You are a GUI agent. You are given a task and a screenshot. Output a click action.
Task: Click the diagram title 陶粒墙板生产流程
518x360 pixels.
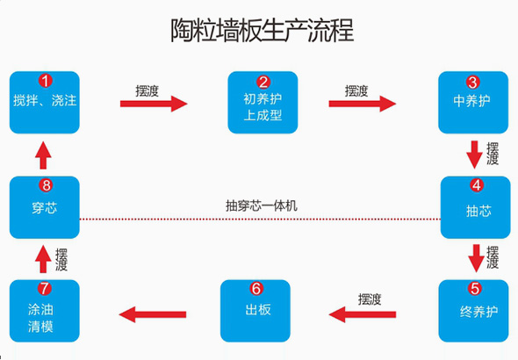click(262, 31)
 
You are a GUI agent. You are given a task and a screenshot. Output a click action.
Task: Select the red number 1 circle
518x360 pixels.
click(46, 81)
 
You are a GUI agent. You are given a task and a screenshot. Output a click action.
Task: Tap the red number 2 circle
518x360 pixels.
click(263, 83)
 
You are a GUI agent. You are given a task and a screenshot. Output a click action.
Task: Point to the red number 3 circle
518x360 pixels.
click(472, 83)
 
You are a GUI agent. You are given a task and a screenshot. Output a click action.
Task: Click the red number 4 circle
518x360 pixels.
click(477, 185)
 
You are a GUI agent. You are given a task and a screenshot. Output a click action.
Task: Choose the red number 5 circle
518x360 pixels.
click(475, 288)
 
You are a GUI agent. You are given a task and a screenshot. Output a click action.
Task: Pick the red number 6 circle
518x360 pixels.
click(256, 288)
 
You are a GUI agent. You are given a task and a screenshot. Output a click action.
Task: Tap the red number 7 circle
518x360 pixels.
click(45, 288)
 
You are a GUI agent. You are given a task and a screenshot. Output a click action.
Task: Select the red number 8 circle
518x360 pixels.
click(46, 185)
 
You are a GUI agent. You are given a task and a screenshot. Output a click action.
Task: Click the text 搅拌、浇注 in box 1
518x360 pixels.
click(45, 100)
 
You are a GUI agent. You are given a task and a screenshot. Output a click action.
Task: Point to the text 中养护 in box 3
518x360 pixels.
click(471, 101)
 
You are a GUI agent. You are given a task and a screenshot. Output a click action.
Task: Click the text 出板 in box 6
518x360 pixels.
click(258, 310)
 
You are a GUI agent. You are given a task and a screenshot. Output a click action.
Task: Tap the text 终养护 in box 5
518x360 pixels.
click(478, 312)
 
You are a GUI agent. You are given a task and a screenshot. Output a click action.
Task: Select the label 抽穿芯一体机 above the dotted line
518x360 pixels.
click(262, 206)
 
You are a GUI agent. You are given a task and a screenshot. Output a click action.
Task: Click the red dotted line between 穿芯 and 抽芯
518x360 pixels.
click(260, 219)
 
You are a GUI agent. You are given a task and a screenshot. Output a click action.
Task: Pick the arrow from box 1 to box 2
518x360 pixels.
click(154, 104)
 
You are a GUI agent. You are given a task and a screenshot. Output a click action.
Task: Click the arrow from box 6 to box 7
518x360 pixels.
click(153, 314)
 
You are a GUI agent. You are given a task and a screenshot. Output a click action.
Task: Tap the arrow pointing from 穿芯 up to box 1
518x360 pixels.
click(43, 155)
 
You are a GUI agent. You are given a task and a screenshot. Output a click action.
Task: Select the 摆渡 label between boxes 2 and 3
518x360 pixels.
click(356, 90)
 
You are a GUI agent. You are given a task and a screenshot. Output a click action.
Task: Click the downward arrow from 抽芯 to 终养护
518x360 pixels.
click(477, 258)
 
